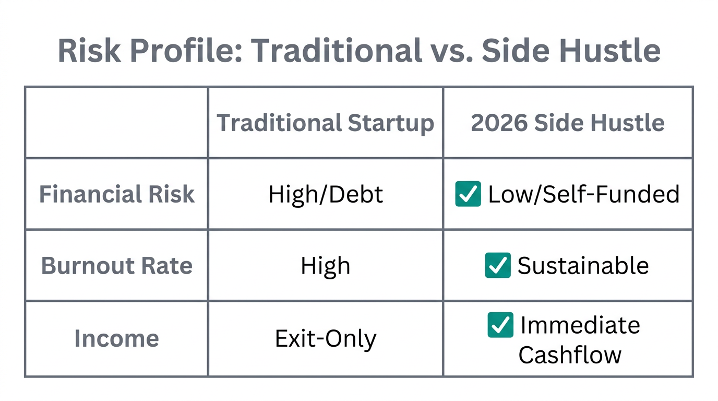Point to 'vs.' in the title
pyautogui.click(x=450, y=51)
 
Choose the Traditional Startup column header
pyautogui.click(x=325, y=123)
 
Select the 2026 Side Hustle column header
pyautogui.click(x=568, y=123)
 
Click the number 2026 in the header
pyautogui.click(x=496, y=123)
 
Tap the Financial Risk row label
pyautogui.click(x=117, y=194)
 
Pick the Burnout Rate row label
pyautogui.click(x=117, y=266)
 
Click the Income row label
pyautogui.click(x=116, y=338)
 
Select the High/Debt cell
pyautogui.click(x=326, y=194)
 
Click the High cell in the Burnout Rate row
pyautogui.click(x=326, y=266)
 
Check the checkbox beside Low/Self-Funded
pyautogui.click(x=468, y=194)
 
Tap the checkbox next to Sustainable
pyautogui.click(x=498, y=265)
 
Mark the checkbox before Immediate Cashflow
pyautogui.click(x=500, y=325)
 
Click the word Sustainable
pyautogui.click(x=583, y=266)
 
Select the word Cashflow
pyautogui.click(x=570, y=355)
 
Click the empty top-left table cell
pyautogui.click(x=116, y=123)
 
